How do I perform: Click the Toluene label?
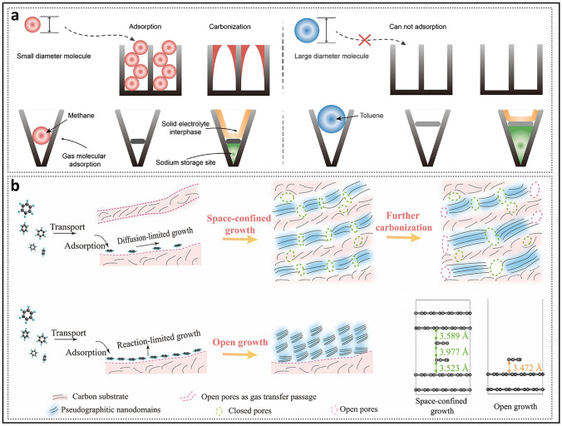pos(362,117)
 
